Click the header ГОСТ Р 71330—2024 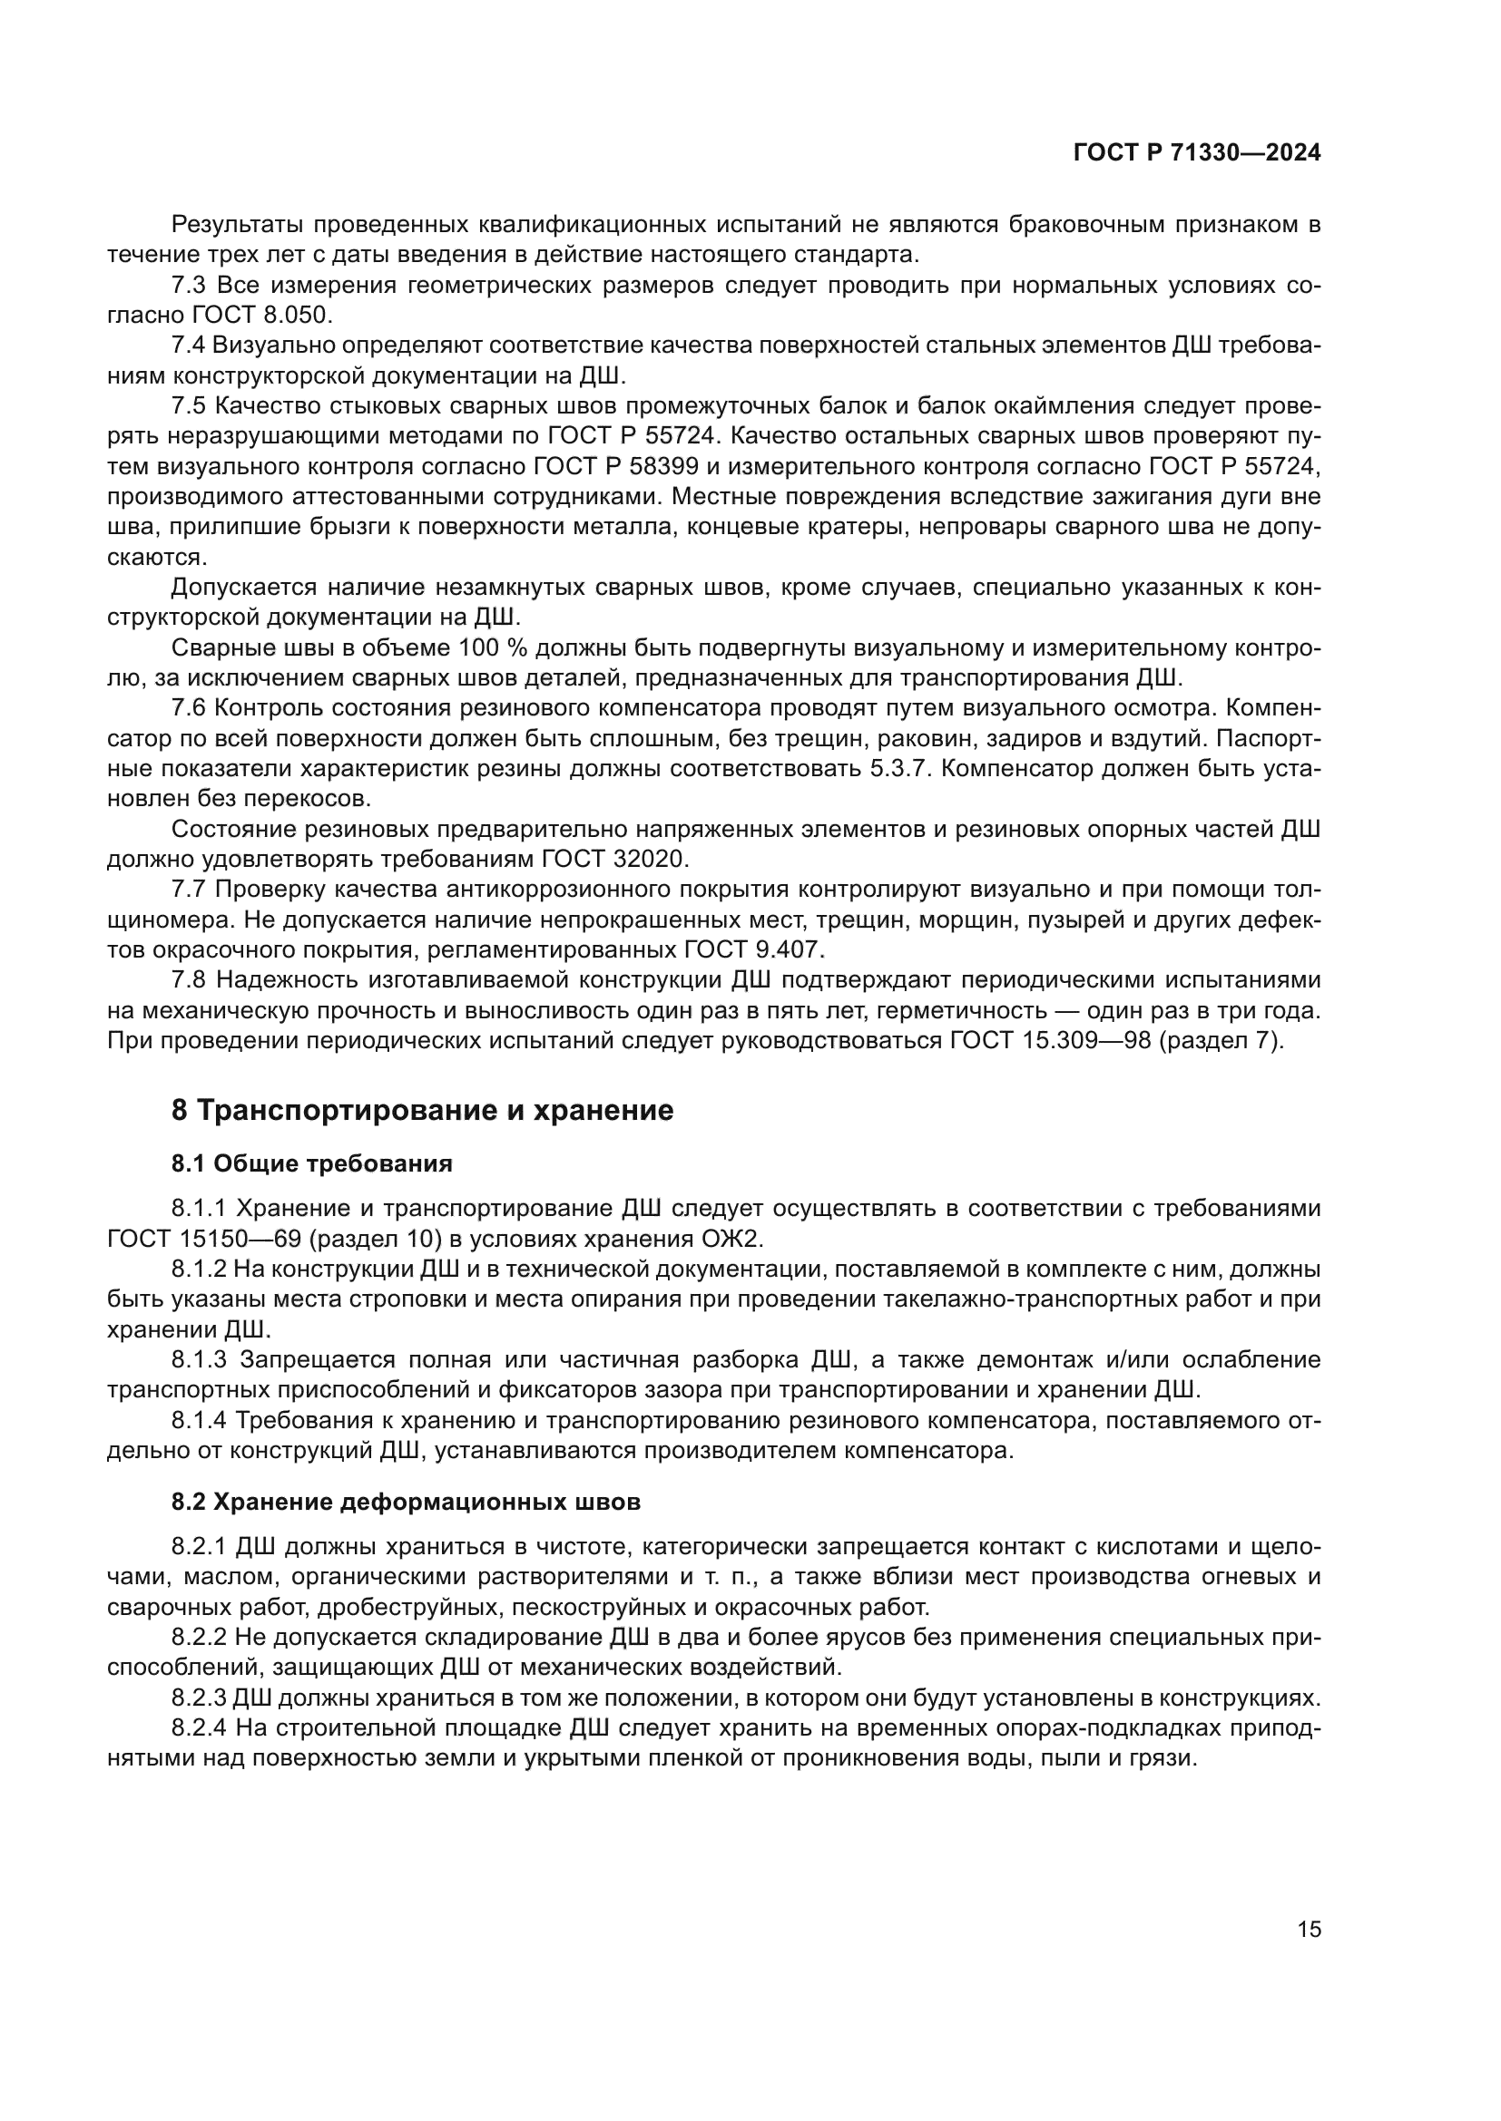point(1196,153)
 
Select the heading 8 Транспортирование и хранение point(422,1111)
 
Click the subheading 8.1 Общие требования point(311,1164)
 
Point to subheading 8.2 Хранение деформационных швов point(406,1502)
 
